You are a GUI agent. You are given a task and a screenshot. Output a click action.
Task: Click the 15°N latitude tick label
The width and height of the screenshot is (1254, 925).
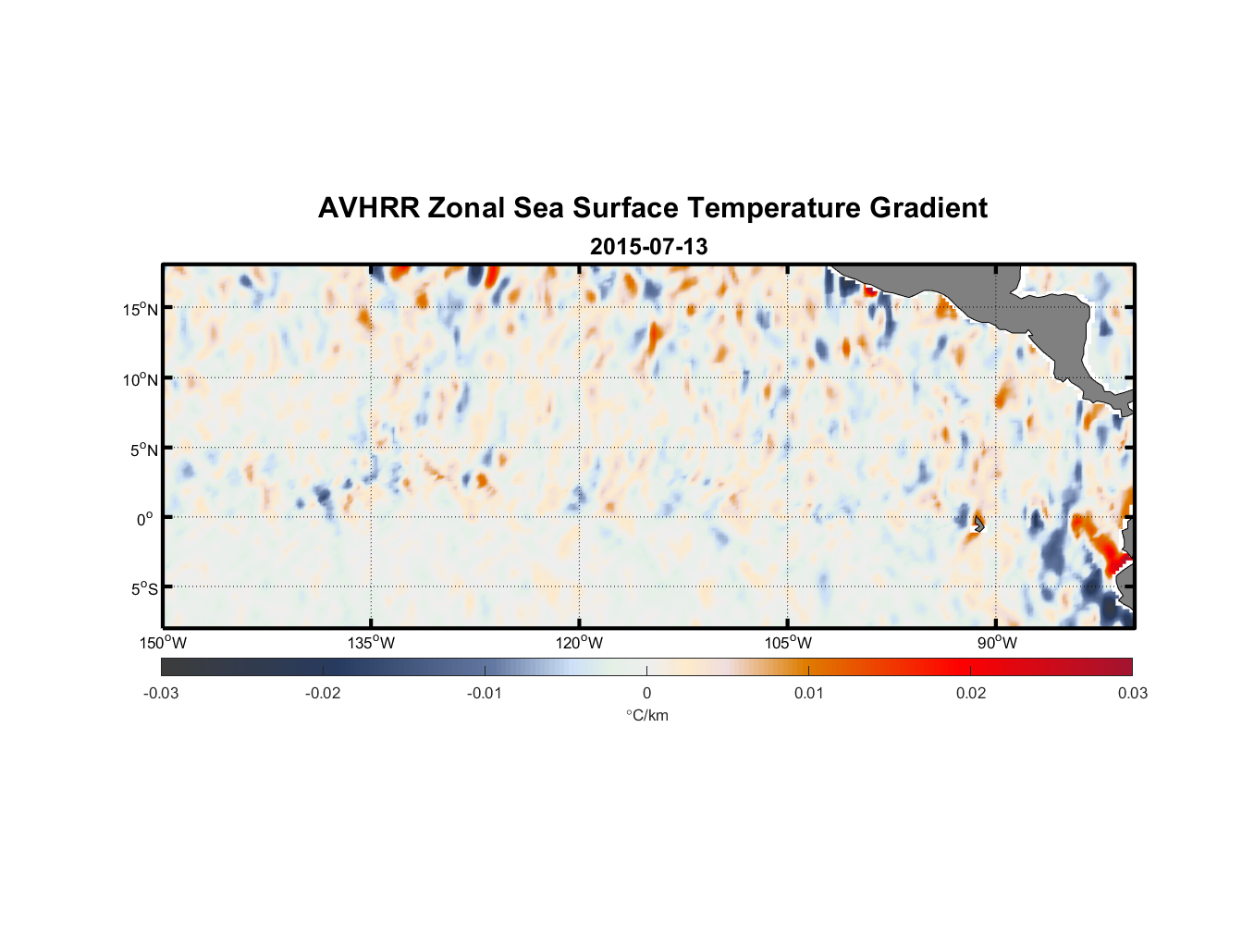pos(140,309)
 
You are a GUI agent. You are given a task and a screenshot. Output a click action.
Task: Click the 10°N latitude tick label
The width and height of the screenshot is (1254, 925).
pos(140,379)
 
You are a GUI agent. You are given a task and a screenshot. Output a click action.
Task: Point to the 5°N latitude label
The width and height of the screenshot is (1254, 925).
pos(142,450)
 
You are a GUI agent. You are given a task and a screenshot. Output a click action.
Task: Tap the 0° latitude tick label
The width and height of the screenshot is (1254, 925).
pos(145,519)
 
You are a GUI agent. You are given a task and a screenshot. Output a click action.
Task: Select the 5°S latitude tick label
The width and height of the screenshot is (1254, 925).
pos(142,588)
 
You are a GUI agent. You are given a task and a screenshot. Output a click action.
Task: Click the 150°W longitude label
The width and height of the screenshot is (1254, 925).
pos(163,643)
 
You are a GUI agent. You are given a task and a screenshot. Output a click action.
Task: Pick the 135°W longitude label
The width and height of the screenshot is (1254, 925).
pos(371,643)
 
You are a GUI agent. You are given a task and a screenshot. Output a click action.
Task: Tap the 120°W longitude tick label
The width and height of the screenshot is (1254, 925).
pos(579,643)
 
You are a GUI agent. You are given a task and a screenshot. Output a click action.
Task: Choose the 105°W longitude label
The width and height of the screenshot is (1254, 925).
pos(788,643)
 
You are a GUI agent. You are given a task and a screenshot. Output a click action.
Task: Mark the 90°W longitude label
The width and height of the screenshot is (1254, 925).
pos(997,643)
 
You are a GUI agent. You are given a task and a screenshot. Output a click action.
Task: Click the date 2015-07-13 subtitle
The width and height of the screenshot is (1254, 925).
pos(648,247)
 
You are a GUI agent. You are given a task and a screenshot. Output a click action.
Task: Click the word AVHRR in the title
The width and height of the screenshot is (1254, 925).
pos(368,208)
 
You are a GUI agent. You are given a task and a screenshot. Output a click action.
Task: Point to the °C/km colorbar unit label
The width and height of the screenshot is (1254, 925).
pos(647,715)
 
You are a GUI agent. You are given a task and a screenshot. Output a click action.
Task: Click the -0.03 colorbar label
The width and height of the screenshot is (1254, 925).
pos(161,693)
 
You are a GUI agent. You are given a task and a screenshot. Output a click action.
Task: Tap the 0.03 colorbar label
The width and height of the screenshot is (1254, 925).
pos(1132,693)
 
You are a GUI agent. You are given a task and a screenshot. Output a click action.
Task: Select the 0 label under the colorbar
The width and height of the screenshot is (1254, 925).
pos(646,693)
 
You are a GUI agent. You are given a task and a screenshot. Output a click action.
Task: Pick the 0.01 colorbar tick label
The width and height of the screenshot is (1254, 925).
pos(808,693)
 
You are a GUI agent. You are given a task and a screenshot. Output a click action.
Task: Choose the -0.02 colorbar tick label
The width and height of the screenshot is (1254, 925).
pos(323,693)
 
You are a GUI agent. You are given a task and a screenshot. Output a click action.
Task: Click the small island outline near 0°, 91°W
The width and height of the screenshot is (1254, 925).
pos(978,524)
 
